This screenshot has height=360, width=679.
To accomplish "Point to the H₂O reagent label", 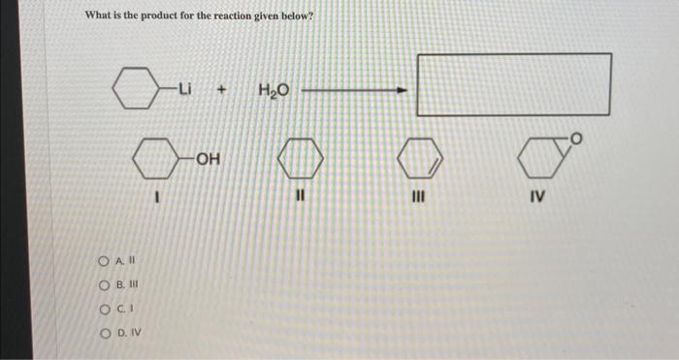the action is point(272,90).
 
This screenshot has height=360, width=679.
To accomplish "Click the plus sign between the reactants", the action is point(222,90).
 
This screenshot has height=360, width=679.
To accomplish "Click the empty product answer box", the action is point(514,84).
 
